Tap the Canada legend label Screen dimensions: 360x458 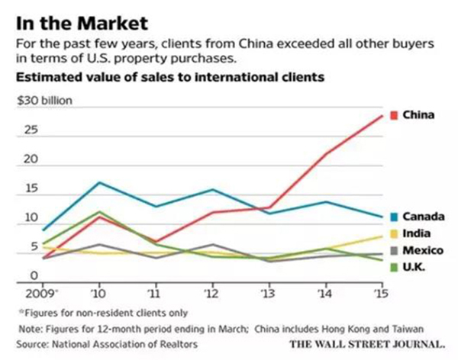(422, 217)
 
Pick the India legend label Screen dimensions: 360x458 (416, 234)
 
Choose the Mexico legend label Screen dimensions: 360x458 (421, 251)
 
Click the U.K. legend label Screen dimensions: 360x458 (414, 267)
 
